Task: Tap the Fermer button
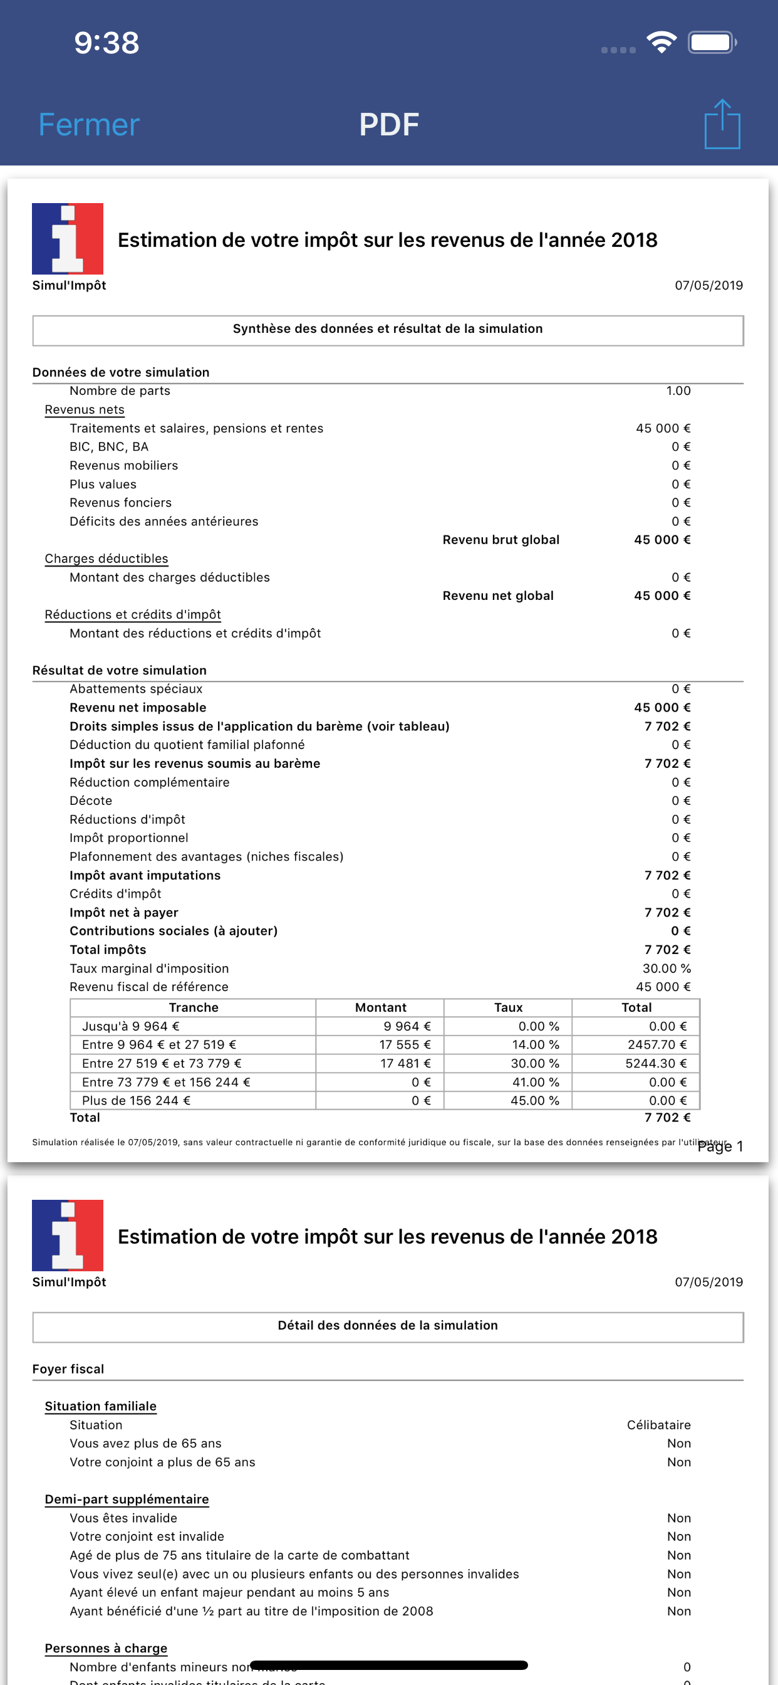89,124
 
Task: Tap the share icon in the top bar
722,124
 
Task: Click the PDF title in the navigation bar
388,124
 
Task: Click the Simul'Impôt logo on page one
68,239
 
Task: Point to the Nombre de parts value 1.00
678,391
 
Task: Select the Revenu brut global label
501,540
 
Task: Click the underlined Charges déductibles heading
106,559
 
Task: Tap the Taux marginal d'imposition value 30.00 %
666,968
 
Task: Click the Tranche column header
194,1007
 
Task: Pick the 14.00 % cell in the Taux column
535,1044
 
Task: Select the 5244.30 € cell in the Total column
656,1064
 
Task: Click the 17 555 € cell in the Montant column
405,1044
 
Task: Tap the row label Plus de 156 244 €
136,1101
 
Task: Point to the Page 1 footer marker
720,1147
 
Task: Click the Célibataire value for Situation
658,1425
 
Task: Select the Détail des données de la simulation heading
388,1325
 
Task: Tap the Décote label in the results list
91,801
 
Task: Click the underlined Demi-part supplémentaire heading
127,1499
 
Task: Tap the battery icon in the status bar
712,43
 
